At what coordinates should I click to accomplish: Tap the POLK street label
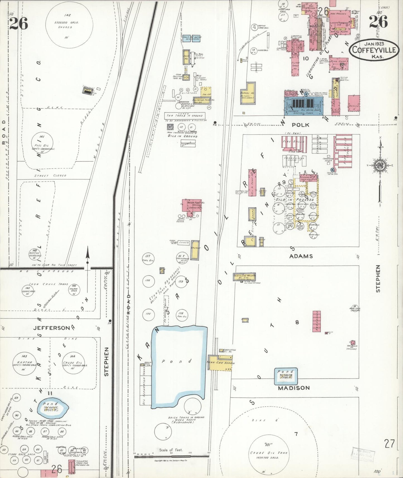pyautogui.click(x=301, y=125)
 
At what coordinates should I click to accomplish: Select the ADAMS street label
pyautogui.click(x=301, y=256)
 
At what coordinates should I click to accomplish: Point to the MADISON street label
pyautogui.click(x=293, y=388)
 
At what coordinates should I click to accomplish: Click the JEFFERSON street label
pyautogui.click(x=52, y=328)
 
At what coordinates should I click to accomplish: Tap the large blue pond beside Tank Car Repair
pyautogui.click(x=178, y=363)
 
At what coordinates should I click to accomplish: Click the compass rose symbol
pyautogui.click(x=380, y=165)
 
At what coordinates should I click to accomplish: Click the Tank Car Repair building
pyautogui.click(x=220, y=363)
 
